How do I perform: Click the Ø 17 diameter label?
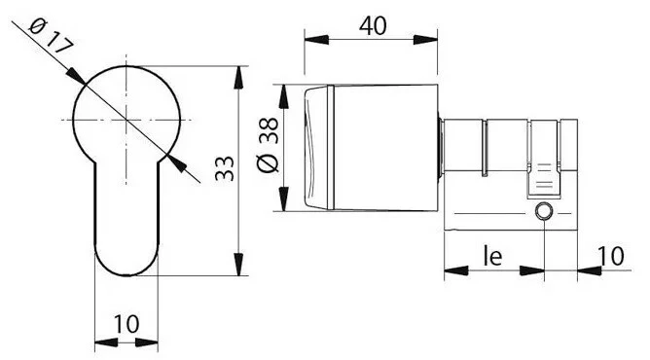pos(51,36)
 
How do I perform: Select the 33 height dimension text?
pos(225,168)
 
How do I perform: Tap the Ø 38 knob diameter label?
pos(269,145)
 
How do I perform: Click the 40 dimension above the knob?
pos(373,25)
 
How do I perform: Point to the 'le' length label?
pos(493,256)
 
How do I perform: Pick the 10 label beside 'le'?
pos(611,256)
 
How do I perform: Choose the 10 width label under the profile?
pos(126,324)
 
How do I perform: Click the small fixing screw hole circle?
pos(544,212)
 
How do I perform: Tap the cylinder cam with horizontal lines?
pos(544,179)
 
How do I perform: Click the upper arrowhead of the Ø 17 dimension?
pos(76,75)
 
